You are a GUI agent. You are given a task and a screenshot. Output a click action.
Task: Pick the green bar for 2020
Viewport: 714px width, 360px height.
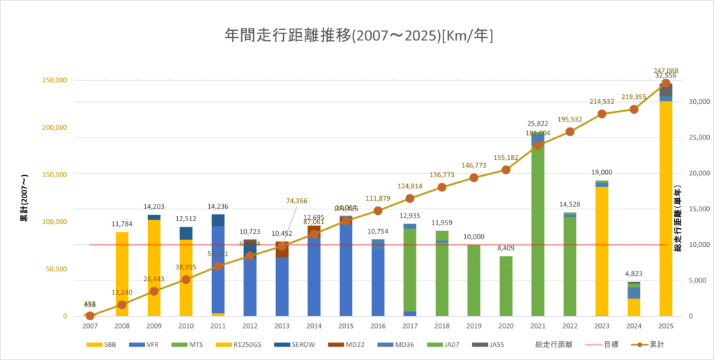[x=506, y=286]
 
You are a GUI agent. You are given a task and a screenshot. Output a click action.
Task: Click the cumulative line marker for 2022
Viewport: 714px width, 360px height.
[x=570, y=132]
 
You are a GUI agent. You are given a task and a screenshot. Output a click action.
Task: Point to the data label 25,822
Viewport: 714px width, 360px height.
[x=538, y=123]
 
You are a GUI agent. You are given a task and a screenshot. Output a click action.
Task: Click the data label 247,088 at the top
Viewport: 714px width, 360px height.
[x=665, y=70]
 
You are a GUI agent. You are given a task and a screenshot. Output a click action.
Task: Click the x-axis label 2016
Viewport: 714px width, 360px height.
[x=378, y=326]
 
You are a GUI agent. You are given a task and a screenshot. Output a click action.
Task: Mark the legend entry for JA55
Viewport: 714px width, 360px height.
[x=485, y=345]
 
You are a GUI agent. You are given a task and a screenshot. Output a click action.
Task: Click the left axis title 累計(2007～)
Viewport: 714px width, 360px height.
[x=24, y=198]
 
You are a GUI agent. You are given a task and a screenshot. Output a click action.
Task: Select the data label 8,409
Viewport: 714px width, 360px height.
[x=506, y=248]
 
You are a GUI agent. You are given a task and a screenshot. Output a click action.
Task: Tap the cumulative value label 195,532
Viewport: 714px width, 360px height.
[x=570, y=120]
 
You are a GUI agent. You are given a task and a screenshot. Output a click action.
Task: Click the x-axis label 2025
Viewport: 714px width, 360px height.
[x=665, y=326]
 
